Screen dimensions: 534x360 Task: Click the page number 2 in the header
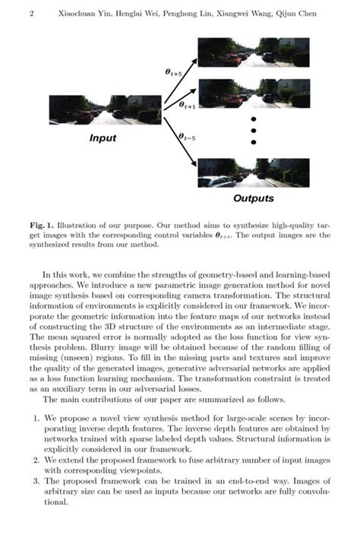[x=31, y=14]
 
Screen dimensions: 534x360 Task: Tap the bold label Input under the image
[x=103, y=138]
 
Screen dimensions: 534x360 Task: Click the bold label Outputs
[x=254, y=199]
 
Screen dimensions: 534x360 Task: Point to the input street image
[x=106, y=110]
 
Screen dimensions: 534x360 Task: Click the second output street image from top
[x=254, y=93]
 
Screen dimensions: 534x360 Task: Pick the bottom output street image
[x=254, y=173]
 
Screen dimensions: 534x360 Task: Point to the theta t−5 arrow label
[x=185, y=136]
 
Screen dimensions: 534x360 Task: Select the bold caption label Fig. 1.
[x=42, y=225]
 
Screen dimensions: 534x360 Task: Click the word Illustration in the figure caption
[x=84, y=225]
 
